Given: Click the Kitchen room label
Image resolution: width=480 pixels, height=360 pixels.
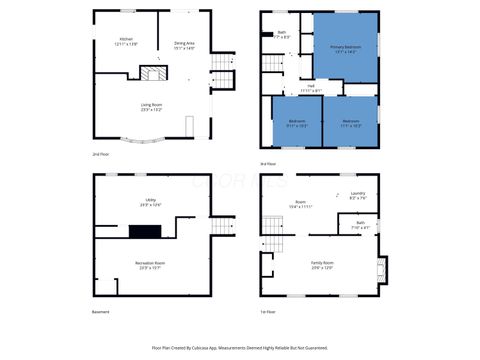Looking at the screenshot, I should (x=126, y=42).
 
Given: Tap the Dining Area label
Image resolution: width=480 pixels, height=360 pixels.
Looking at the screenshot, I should (x=184, y=45).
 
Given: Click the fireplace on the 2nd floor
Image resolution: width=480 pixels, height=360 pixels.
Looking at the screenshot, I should (x=152, y=74).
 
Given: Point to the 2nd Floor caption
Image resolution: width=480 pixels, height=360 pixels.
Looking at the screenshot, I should (x=101, y=154).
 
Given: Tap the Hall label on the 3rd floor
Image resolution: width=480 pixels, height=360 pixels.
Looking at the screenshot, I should (x=311, y=87).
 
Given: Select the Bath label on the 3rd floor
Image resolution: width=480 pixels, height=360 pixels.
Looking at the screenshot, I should (x=283, y=35).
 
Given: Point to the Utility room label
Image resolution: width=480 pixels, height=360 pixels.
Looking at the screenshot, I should (x=151, y=202).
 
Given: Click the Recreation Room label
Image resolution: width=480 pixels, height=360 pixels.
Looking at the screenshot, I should (x=151, y=264).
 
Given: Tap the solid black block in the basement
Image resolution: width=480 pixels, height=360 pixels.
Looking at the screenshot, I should (x=144, y=230).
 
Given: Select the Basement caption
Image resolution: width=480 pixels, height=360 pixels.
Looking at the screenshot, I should (x=101, y=311).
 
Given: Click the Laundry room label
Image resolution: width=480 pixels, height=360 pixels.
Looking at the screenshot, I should (x=358, y=196).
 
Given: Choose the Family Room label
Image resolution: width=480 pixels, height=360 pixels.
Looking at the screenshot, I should (x=323, y=264).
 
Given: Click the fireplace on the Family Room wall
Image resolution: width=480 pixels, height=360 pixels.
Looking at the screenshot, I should (x=379, y=267).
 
